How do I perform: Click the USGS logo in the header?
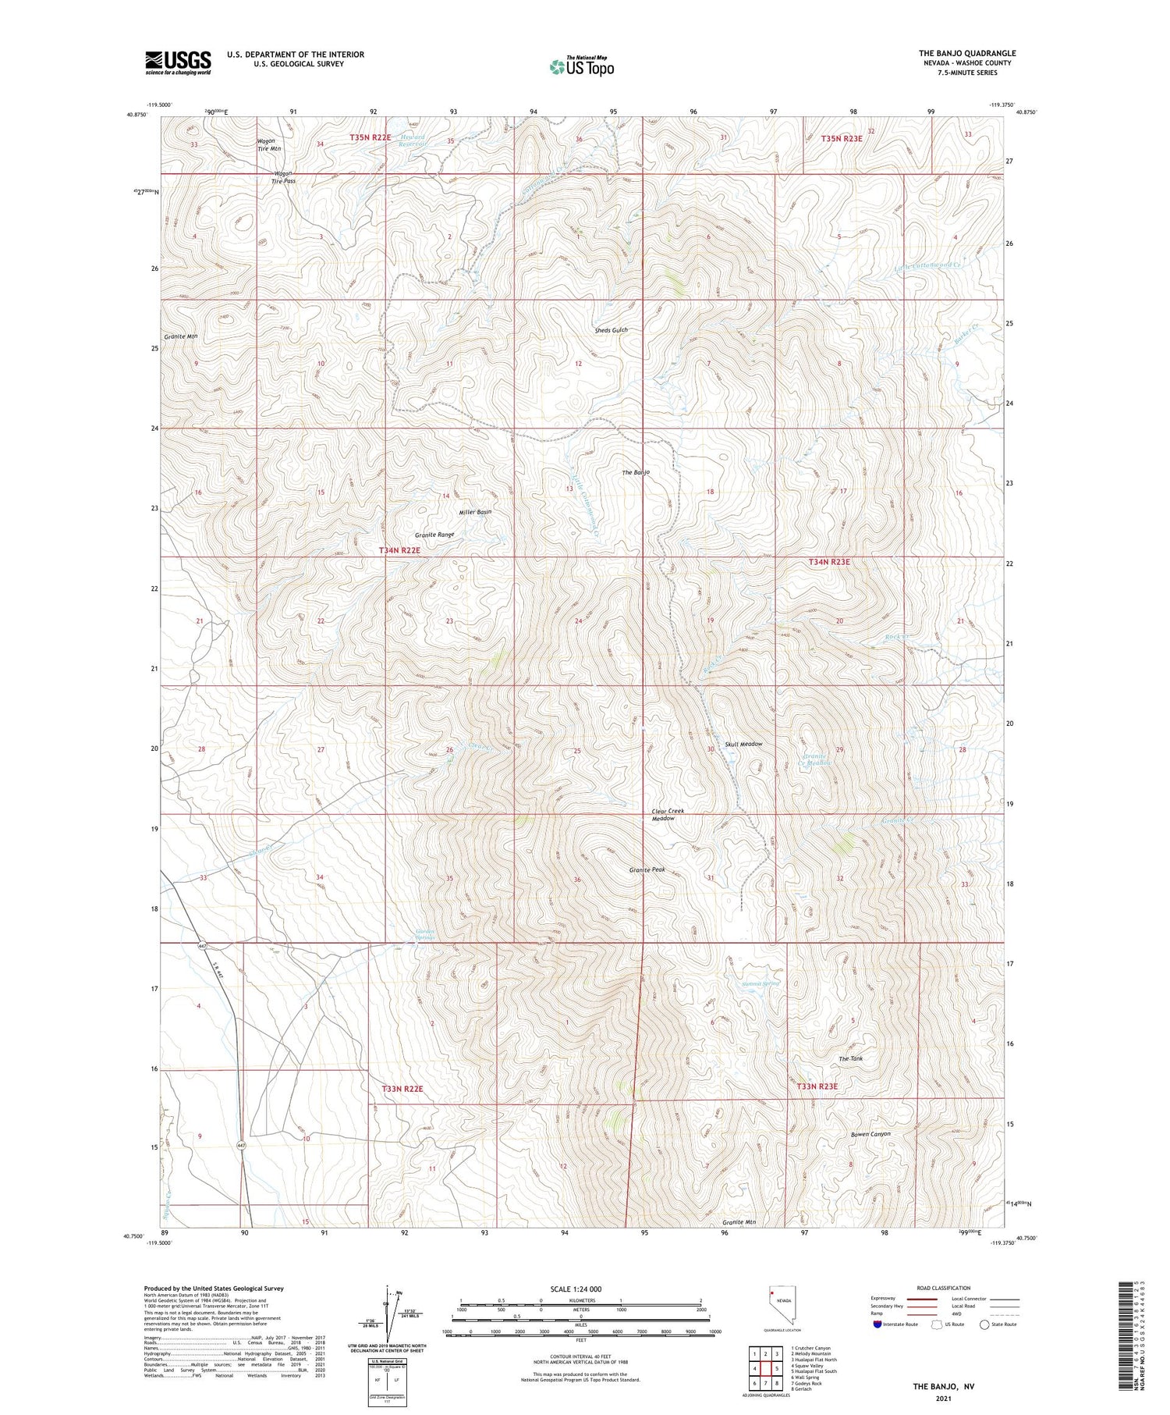pos(178,62)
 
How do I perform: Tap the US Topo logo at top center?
pos(581,67)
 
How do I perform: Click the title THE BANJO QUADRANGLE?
pos(966,53)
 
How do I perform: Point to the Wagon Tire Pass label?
pos(283,177)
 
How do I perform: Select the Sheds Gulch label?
pos(611,330)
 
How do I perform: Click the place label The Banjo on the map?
pos(635,473)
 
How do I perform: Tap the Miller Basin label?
pos(475,512)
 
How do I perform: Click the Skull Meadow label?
pos(743,744)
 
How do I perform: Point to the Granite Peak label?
pos(647,869)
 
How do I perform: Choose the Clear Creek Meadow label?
pos(667,815)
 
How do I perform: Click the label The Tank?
pos(850,1058)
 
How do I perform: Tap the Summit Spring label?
pos(760,984)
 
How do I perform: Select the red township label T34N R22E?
pos(399,550)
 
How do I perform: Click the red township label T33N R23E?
pos(817,1086)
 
